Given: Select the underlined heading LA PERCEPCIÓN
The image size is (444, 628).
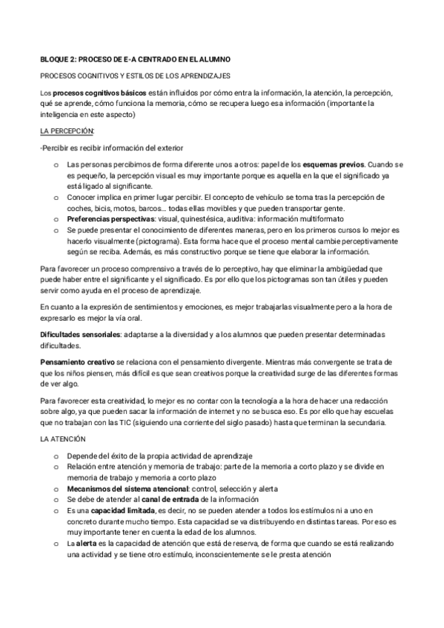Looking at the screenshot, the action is (67, 130).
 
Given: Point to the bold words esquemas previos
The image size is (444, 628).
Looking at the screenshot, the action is (334, 164).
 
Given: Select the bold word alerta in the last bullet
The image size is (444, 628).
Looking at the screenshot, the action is (88, 543).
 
